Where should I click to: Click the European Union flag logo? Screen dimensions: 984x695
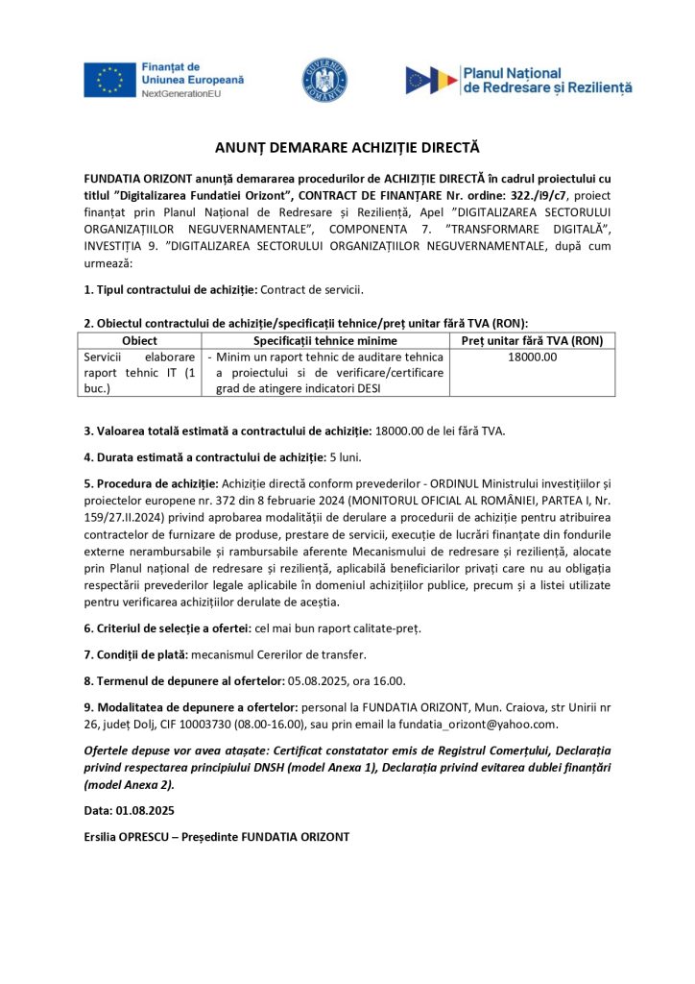click(109, 79)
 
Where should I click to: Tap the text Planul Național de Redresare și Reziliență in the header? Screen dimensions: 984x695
click(546, 80)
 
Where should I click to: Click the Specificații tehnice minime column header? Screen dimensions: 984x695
click(324, 341)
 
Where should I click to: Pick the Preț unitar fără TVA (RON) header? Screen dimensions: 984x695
click(532, 341)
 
